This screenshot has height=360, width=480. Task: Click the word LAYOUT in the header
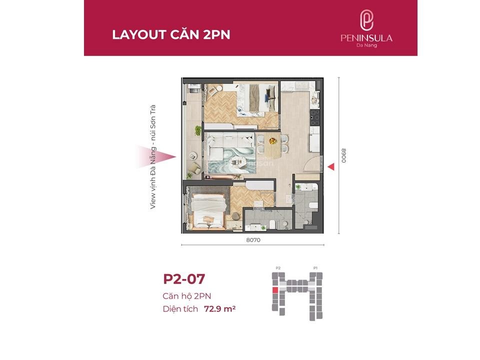pyautogui.click(x=139, y=34)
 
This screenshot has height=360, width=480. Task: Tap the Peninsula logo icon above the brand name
pyautogui.click(x=366, y=20)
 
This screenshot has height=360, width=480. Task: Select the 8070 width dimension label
pyautogui.click(x=253, y=240)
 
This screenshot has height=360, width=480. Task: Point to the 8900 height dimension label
pyautogui.click(x=344, y=155)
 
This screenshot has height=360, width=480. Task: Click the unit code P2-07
pyautogui.click(x=184, y=279)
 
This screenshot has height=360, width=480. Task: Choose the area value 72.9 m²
pyautogui.click(x=220, y=309)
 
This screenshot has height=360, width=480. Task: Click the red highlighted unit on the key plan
pyautogui.click(x=275, y=290)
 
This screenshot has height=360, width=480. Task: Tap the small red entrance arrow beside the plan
pyautogui.click(x=331, y=167)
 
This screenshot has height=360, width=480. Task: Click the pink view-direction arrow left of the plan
pyautogui.click(x=156, y=156)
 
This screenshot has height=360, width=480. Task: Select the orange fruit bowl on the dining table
pyautogui.click(x=272, y=141)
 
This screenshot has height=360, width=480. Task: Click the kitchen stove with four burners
pyautogui.click(x=315, y=117)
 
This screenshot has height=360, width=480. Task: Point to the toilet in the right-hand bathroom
pyautogui.click(x=313, y=205)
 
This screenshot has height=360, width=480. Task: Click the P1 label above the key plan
pyautogui.click(x=315, y=268)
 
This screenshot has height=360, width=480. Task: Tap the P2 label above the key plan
pyautogui.click(x=278, y=268)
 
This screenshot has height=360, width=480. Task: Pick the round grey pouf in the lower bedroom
pyautogui.click(x=236, y=216)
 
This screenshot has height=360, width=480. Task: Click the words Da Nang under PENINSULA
pyautogui.click(x=366, y=45)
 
